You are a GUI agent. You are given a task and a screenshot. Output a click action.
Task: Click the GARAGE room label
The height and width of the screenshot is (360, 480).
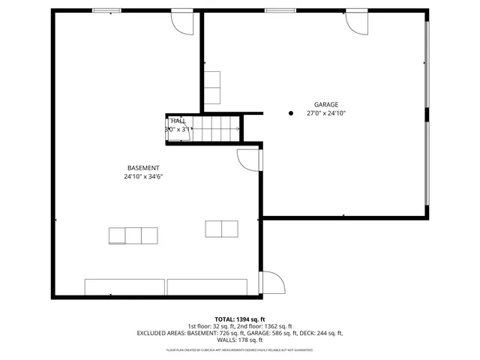(x=325, y=104)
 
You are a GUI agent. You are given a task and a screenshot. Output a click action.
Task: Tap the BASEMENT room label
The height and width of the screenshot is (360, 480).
(x=143, y=168)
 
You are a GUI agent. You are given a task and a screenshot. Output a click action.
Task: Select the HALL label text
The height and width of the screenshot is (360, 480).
(x=178, y=121)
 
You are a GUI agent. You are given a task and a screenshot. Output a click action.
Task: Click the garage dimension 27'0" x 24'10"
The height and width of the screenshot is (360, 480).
(x=325, y=113)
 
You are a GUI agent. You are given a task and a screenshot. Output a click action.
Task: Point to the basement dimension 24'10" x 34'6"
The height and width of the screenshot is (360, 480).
(x=143, y=177)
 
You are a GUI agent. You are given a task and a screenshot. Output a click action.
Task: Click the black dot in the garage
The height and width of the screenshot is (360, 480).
(x=291, y=113)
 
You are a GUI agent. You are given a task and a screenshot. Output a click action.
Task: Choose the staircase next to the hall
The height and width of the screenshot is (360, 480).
(x=217, y=129)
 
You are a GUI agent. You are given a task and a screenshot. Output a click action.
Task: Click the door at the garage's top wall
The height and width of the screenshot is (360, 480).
(x=356, y=22)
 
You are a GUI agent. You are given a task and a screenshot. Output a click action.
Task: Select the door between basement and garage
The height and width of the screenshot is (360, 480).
(x=248, y=160)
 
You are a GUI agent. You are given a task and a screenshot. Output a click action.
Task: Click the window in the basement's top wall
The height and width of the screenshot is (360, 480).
(x=106, y=10)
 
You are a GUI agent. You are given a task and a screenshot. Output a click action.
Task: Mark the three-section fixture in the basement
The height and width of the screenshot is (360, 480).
(x=133, y=235)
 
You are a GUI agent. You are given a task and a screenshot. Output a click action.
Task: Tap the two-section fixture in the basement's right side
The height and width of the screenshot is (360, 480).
(x=221, y=229)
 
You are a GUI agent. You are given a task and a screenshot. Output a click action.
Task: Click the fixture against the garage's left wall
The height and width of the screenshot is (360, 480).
(x=212, y=88)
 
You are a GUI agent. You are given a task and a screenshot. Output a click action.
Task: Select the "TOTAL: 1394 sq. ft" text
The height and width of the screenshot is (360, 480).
(x=240, y=319)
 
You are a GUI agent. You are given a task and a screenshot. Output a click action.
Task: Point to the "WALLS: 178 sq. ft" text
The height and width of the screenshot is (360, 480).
(x=240, y=340)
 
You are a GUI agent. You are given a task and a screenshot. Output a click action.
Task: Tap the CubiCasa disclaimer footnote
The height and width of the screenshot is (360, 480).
(x=240, y=349)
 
